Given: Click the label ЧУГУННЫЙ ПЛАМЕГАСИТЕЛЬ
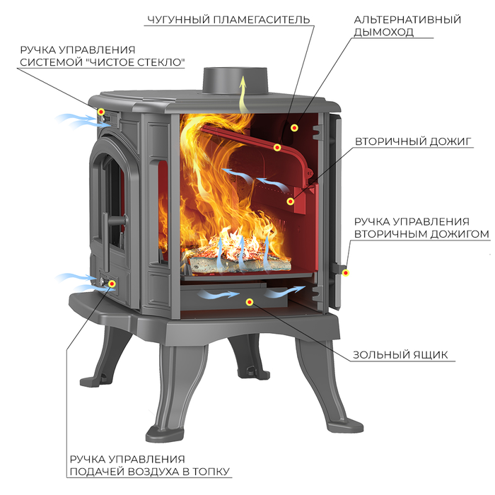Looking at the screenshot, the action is coord(228,20).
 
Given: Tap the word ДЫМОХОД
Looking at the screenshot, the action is coord(383,32).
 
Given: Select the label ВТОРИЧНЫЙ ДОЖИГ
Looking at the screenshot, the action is coord(413,141).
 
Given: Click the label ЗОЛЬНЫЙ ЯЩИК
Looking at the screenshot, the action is coord(400,355).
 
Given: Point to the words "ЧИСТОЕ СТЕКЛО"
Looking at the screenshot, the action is coord(136,62).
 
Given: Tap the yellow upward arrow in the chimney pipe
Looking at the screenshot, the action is coord(243,94).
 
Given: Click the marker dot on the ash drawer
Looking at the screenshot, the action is coord(250,302).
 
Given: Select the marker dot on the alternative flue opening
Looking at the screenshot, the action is coord(294,127).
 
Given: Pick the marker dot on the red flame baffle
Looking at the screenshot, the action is coord(277,147).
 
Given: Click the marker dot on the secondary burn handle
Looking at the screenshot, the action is coord(346,273).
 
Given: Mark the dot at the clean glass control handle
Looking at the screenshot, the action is coord(101,112).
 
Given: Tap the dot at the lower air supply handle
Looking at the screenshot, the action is coord(112,284).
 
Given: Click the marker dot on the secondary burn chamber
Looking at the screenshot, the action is coord(291,201).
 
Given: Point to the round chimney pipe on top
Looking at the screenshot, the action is coord(235,81).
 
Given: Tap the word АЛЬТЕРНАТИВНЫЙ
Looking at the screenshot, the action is coord(407,20).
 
